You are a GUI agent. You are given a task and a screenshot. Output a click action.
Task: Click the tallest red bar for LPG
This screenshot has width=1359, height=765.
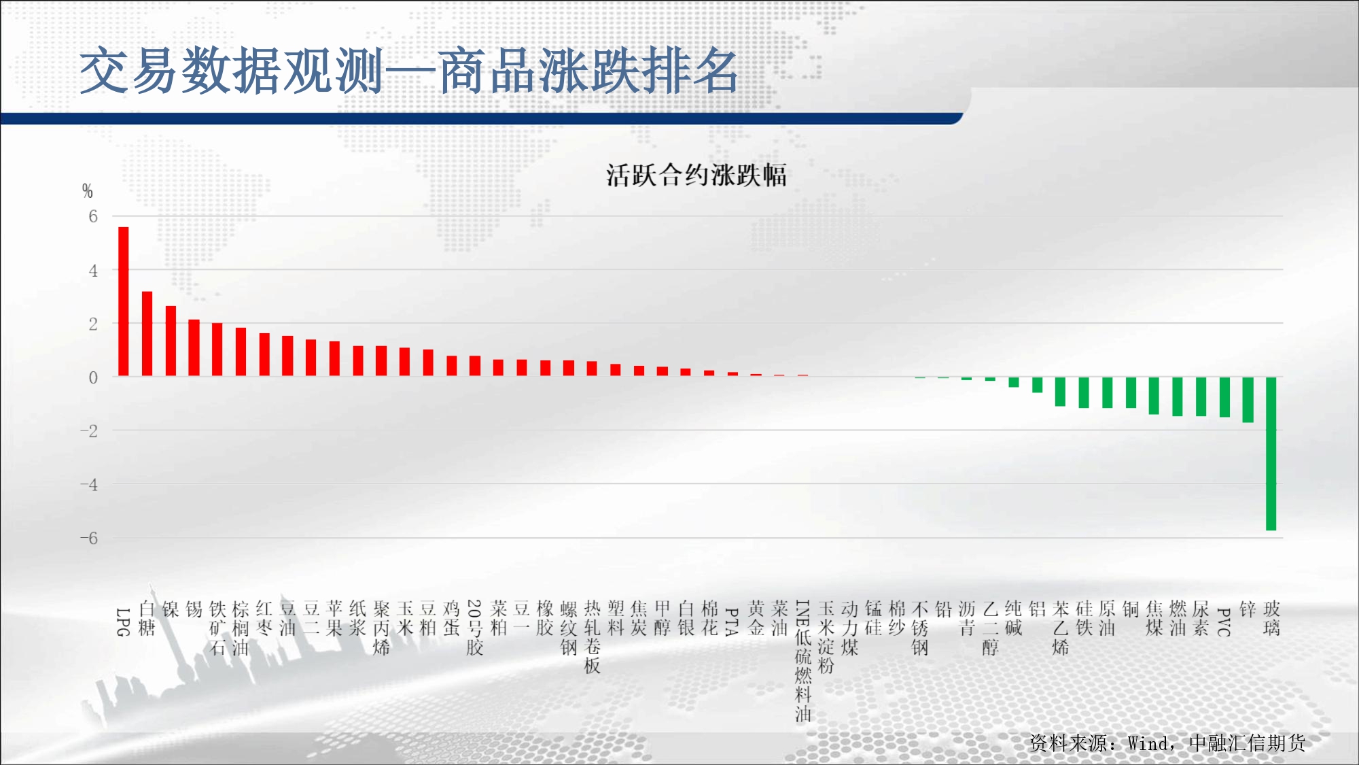tap(124, 301)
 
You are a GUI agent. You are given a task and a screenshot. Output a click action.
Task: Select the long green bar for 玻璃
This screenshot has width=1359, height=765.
tap(1271, 454)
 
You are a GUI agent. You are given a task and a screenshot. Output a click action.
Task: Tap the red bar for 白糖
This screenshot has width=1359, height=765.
tap(147, 334)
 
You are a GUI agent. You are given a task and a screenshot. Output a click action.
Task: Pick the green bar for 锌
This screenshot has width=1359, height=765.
tap(1248, 400)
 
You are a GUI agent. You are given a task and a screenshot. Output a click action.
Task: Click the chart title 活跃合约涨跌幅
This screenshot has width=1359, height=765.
tap(696, 175)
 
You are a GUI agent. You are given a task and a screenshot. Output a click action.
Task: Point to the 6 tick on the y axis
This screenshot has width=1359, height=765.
tap(93, 216)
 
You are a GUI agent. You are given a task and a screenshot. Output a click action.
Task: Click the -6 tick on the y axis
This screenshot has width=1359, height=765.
tap(89, 538)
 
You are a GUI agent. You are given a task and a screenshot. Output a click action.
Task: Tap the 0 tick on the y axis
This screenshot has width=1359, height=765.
tap(93, 377)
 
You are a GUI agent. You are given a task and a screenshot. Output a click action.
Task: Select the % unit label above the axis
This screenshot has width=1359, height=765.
tap(87, 191)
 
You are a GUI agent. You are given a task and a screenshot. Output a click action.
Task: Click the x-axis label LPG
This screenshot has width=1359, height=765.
tap(123, 622)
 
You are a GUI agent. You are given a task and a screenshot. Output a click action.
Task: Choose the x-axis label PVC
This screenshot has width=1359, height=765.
tap(1224, 622)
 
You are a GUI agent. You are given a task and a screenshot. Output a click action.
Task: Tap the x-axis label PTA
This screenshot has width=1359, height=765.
tap(732, 622)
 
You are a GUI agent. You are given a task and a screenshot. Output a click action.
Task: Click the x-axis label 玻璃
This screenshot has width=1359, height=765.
tap(1271, 618)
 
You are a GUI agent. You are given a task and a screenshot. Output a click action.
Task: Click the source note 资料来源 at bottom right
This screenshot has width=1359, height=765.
tap(1167, 743)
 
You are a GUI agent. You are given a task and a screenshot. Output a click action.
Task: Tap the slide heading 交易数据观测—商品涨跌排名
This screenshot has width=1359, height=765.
tap(409, 71)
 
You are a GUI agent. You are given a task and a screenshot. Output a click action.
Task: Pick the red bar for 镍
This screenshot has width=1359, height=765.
tap(171, 341)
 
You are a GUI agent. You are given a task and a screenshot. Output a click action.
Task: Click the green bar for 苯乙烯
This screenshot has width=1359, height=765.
tap(1060, 392)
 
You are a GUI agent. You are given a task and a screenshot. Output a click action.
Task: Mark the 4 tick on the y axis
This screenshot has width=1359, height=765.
tap(93, 271)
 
